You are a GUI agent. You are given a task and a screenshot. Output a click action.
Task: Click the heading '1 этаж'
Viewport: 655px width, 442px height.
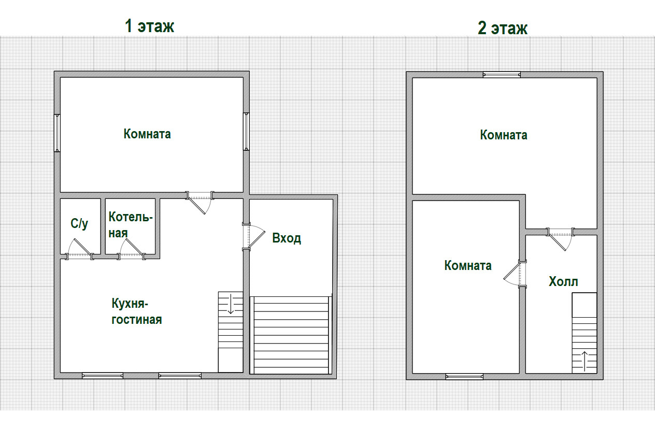point(149,26)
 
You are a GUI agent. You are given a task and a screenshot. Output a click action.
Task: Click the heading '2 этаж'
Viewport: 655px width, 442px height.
point(502,28)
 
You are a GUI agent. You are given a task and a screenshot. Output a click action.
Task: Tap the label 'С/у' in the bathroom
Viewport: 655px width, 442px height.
point(79,224)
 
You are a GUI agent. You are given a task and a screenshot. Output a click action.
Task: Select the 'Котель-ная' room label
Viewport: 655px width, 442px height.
point(131,225)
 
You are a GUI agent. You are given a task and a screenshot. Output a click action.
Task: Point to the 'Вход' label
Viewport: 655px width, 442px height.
point(287,238)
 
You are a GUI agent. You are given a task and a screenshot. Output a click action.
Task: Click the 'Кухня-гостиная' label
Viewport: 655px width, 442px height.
point(137,311)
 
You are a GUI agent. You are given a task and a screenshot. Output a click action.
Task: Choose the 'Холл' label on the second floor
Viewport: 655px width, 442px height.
point(563,281)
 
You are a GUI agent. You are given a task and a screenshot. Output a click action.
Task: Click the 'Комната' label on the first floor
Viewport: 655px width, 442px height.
point(147,134)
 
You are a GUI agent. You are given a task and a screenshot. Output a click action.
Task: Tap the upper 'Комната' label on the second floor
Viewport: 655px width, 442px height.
point(504,135)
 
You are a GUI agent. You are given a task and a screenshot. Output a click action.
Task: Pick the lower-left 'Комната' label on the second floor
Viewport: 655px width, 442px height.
point(468,265)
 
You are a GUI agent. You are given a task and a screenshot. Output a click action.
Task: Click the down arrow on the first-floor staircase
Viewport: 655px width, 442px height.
point(231,304)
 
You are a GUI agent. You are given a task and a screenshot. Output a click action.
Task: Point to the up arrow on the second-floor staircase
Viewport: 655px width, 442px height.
point(584,361)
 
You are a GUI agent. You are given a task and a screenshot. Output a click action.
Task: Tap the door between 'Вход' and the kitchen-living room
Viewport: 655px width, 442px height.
point(253,237)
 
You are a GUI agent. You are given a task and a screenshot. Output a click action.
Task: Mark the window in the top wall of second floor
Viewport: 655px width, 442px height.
point(502,75)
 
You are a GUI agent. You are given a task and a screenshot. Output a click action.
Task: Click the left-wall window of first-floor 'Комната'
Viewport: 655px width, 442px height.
point(57,133)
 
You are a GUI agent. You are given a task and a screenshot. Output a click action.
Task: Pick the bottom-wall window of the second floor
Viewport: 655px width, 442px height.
point(464,377)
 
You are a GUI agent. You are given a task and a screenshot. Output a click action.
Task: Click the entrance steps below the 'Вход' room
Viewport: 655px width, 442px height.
point(291,335)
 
